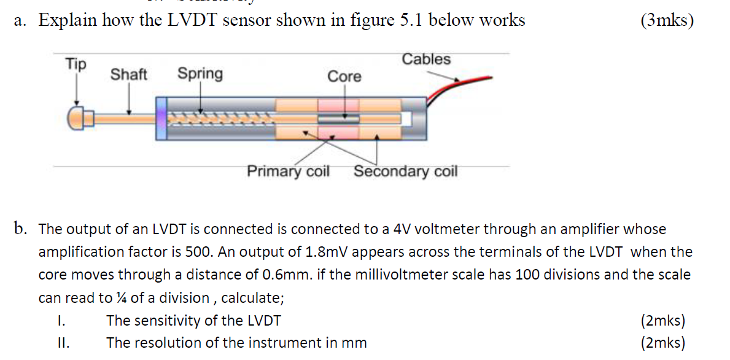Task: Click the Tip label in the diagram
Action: [76, 64]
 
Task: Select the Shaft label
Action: [128, 75]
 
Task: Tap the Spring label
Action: [200, 74]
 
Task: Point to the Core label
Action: [344, 77]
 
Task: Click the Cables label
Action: [426, 60]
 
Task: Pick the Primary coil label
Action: [288, 171]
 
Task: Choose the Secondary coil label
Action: [405, 171]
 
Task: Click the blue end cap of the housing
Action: [161, 117]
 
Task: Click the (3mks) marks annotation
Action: [666, 20]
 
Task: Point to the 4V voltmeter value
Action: [402, 229]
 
